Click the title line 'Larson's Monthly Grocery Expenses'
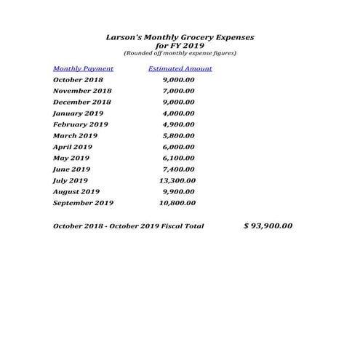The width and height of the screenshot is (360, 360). [x=180, y=36]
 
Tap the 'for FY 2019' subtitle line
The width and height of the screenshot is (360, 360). [x=180, y=45]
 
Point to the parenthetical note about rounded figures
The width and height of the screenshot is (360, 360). [x=180, y=53]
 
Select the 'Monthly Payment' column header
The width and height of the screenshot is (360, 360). [x=83, y=68]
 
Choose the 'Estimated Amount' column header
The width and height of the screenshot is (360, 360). [x=180, y=68]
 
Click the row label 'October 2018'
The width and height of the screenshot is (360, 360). [x=78, y=80]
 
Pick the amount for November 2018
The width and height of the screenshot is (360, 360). [x=178, y=91]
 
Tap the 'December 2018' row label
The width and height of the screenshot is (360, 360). [x=82, y=103]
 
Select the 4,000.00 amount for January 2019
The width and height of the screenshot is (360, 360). [x=178, y=113]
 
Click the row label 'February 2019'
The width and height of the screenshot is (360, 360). [x=80, y=124]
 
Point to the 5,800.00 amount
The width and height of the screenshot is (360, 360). [x=178, y=135]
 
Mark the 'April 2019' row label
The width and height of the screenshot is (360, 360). [x=73, y=147]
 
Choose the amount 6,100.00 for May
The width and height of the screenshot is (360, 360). [x=178, y=158]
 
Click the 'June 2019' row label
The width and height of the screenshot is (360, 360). [x=71, y=169]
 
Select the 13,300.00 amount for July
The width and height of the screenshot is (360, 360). [x=177, y=180]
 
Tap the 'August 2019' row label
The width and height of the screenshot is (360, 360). [x=76, y=192]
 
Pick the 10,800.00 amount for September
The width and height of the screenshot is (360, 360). [x=177, y=203]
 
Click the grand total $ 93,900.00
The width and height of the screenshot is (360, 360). [x=268, y=225]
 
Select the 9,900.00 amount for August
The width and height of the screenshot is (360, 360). [x=179, y=192]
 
